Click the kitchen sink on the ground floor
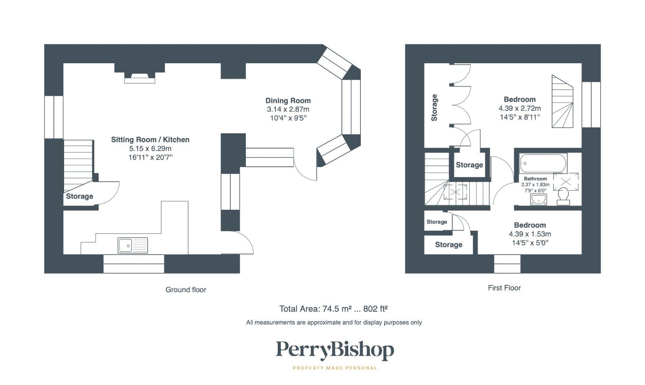click(133, 245)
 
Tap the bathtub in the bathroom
click(543, 163)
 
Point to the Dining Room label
click(288, 101)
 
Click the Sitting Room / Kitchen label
click(150, 140)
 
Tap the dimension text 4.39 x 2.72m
click(520, 108)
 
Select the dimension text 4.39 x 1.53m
click(530, 234)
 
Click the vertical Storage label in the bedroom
click(434, 108)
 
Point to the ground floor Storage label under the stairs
click(79, 197)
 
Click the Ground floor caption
click(185, 290)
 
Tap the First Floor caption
click(504, 288)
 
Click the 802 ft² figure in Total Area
click(375, 309)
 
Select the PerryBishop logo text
click(335, 350)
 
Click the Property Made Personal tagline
click(335, 368)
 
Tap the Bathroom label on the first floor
click(535, 179)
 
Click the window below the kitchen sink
click(134, 264)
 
